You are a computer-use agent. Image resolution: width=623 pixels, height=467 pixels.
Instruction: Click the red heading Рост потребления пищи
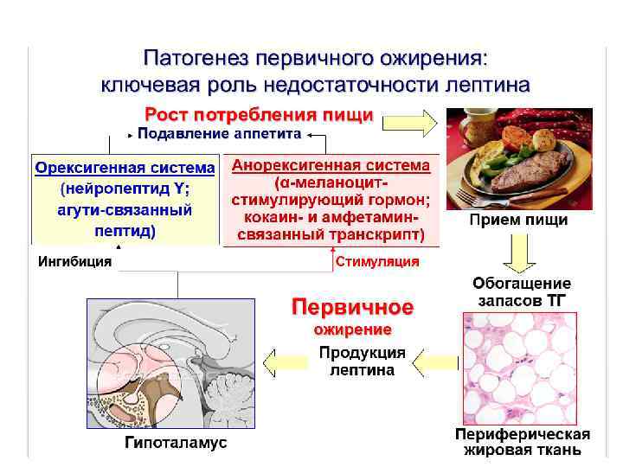(259, 114)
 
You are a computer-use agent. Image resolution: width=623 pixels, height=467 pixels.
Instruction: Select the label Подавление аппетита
(219, 134)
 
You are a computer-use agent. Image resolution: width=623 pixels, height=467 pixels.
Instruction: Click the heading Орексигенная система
(125, 166)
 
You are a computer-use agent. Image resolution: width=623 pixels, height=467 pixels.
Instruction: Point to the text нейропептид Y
(125, 189)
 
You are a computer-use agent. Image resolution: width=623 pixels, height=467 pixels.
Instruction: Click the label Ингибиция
(74, 261)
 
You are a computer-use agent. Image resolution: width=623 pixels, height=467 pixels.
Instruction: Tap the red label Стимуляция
(377, 261)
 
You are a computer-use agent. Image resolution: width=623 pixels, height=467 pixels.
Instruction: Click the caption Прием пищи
(518, 221)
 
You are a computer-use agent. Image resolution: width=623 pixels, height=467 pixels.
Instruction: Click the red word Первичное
(352, 308)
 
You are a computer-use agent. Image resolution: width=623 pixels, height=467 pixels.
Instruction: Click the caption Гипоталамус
(176, 443)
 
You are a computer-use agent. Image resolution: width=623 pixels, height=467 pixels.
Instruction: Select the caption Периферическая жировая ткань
(523, 441)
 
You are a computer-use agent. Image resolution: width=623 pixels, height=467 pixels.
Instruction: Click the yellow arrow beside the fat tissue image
(436, 361)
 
